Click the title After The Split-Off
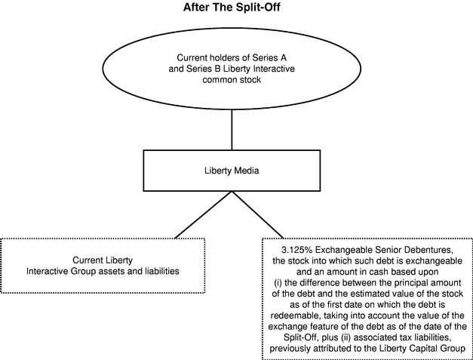[232, 7]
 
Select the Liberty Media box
[232, 171]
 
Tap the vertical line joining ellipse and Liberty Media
[232, 130]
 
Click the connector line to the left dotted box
[203, 215]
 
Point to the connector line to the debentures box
[257, 215]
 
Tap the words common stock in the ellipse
[232, 80]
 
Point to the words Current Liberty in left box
[103, 260]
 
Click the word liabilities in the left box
[163, 271]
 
